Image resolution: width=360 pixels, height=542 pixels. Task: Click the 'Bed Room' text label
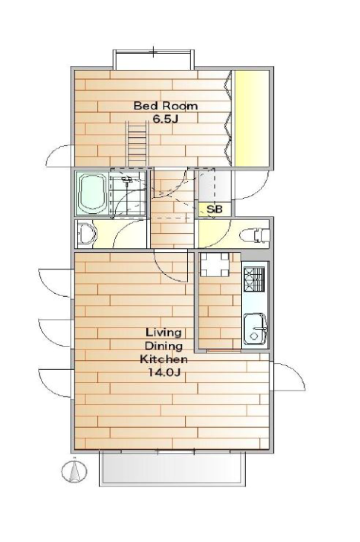166,106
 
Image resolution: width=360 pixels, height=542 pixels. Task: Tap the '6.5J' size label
165,119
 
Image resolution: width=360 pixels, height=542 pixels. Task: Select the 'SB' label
214,209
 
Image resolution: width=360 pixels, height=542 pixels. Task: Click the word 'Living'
164,333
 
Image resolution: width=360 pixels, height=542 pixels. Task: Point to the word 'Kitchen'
164,359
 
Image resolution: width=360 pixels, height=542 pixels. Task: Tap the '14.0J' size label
164,372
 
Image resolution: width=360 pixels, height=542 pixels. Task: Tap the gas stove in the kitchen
254,279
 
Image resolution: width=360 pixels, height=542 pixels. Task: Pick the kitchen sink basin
255,329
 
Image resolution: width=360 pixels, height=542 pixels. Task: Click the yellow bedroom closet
251,119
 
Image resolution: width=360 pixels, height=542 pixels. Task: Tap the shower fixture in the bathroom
127,180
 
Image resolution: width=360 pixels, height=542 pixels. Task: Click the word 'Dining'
164,346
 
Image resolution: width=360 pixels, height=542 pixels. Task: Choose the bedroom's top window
153,59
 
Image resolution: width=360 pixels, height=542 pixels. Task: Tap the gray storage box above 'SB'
214,186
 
